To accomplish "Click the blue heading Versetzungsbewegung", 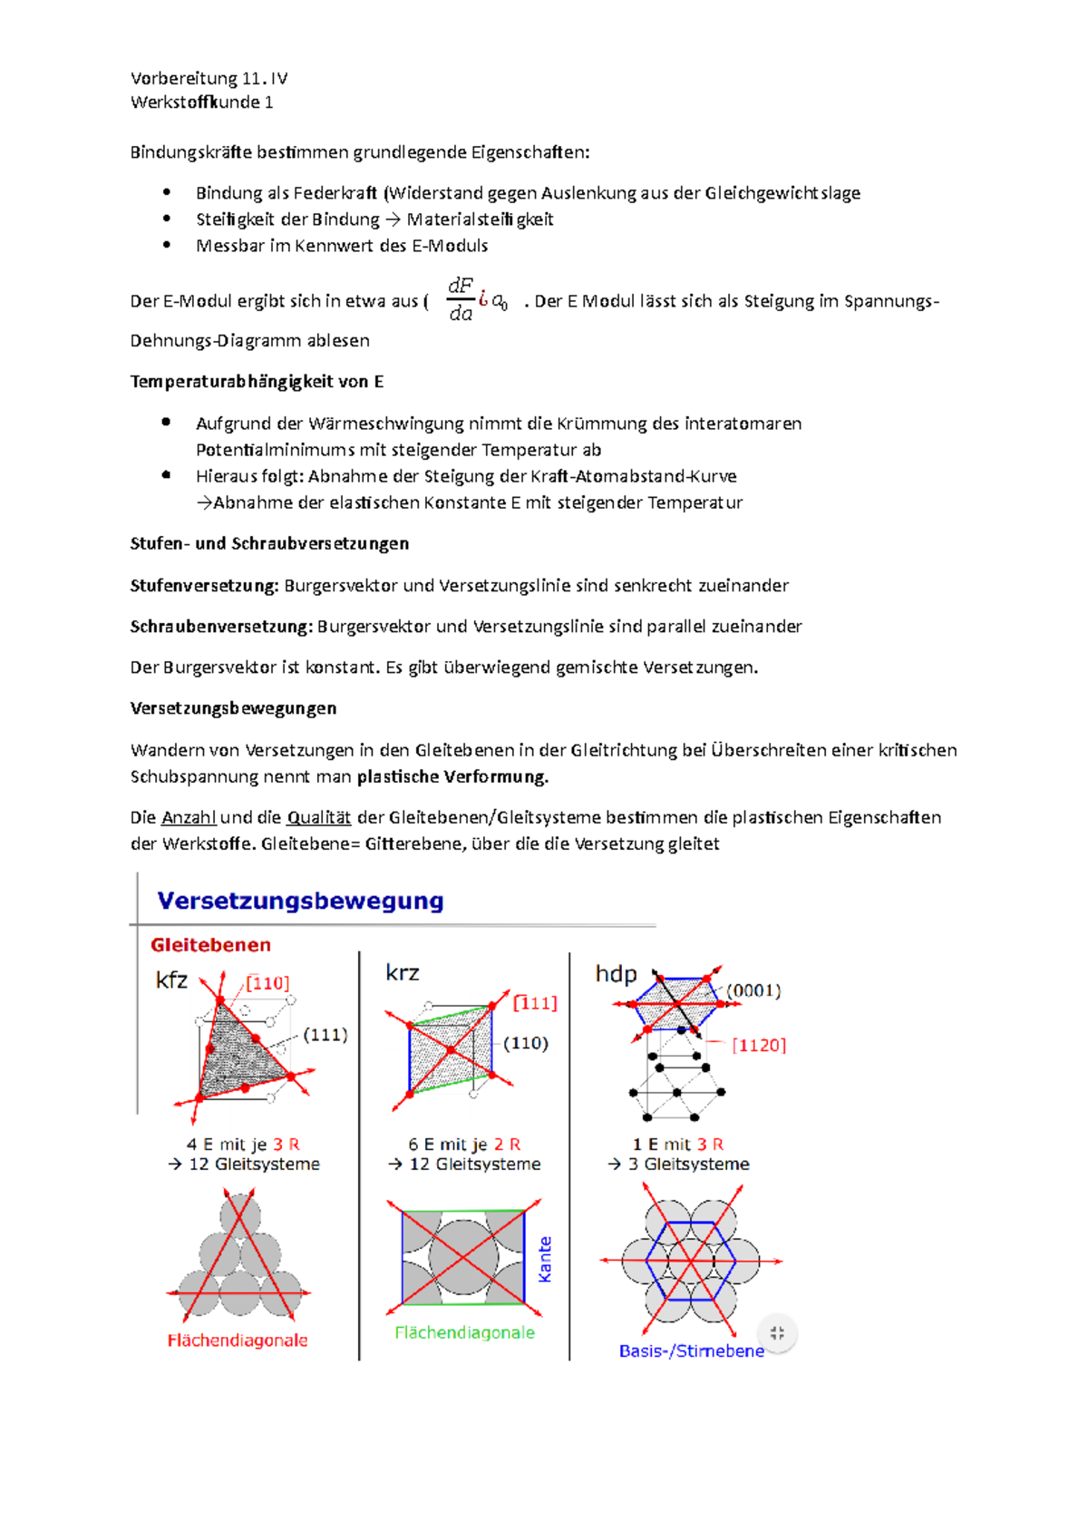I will pyautogui.click(x=300, y=901).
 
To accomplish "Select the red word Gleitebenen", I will pyautogui.click(x=210, y=945).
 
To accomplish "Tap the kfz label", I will pyautogui.click(x=171, y=980).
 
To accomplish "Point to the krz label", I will pyautogui.click(x=402, y=973).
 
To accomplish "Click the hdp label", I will pyautogui.click(x=616, y=974).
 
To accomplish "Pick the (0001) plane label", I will pyautogui.click(x=753, y=990).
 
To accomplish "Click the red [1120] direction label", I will pyautogui.click(x=759, y=1045).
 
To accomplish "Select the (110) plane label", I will pyautogui.click(x=526, y=1043).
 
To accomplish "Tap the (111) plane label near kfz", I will pyautogui.click(x=325, y=1035).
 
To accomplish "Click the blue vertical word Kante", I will pyautogui.click(x=545, y=1259).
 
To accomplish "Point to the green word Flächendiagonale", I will pyautogui.click(x=464, y=1332).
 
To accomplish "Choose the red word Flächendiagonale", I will pyautogui.click(x=238, y=1340).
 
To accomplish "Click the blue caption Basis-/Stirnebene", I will pyautogui.click(x=691, y=1350).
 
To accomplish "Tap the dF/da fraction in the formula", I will pyautogui.click(x=461, y=299).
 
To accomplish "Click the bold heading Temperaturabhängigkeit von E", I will pyautogui.click(x=257, y=382).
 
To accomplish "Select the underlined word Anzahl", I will pyautogui.click(x=189, y=817).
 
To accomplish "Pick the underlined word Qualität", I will pyautogui.click(x=318, y=817).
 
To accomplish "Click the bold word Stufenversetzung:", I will pyautogui.click(x=204, y=586).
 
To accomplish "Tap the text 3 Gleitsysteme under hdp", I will pyautogui.click(x=688, y=1164).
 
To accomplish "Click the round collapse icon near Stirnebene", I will pyautogui.click(x=777, y=1332).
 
